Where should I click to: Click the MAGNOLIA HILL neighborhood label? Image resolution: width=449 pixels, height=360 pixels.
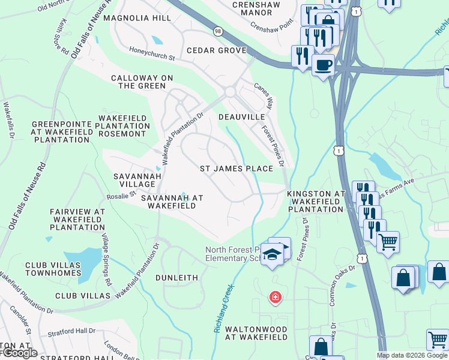137,19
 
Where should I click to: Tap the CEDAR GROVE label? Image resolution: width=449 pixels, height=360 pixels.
217,51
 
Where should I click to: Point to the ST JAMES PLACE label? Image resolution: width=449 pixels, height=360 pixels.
237,169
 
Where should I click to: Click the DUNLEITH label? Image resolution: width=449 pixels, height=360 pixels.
176,278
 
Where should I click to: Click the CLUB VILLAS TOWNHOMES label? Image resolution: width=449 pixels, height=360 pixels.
53,269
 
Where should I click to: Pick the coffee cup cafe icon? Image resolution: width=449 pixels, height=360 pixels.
323,64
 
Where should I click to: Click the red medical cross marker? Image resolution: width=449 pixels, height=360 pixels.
275,297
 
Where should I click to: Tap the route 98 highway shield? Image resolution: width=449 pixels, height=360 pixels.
217,30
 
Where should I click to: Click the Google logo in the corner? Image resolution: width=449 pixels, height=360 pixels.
19,353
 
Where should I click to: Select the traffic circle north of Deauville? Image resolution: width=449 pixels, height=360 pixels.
230,91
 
